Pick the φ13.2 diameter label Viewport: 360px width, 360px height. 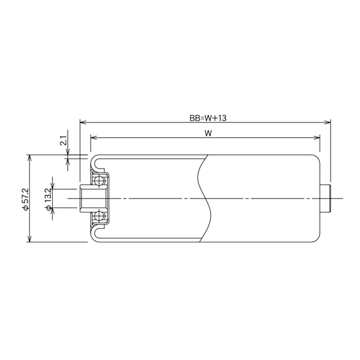tap(47, 199)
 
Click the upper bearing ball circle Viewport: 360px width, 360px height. tap(99, 180)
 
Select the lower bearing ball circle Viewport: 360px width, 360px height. tap(99, 217)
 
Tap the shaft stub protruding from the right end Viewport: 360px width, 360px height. tap(326, 199)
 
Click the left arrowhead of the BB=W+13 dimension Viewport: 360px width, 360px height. tap(82, 122)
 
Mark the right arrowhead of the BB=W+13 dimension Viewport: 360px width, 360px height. tap(328, 122)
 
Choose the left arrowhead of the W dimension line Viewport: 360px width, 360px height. tap(92, 137)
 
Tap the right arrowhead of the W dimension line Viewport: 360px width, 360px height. tap(317, 137)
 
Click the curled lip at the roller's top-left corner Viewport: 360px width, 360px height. tap(96, 160)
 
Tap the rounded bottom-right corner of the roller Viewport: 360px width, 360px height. tap(317, 239)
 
